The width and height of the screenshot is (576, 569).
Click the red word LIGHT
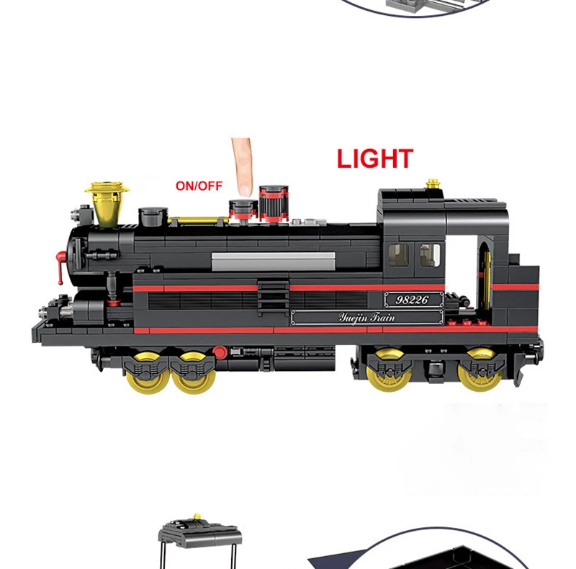coord(375,158)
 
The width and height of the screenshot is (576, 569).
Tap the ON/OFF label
coord(199,186)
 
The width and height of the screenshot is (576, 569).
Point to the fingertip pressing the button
coord(243,189)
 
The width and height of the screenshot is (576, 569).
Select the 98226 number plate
coord(412,300)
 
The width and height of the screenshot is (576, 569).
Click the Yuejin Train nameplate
coord(366,317)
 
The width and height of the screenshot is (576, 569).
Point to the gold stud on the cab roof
coord(433,184)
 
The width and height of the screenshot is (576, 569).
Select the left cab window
coord(398,254)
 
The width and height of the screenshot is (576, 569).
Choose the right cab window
coord(430,254)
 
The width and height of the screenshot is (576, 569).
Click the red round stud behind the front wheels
coord(220,352)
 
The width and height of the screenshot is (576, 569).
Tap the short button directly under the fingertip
coord(243,209)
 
